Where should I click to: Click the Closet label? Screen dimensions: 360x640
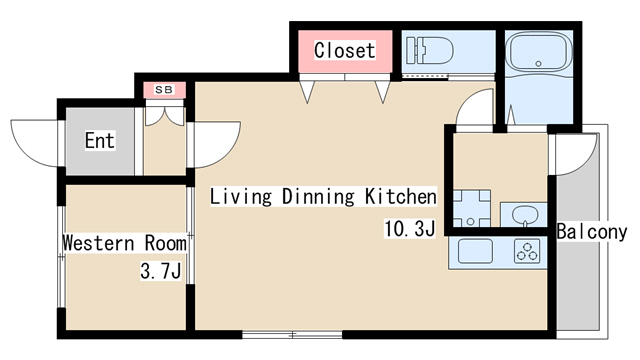(344, 50)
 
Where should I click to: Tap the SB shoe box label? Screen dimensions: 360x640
(164, 90)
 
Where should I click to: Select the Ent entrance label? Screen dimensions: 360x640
(99, 141)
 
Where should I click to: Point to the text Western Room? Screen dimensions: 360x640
(124, 243)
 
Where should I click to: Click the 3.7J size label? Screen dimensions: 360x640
(160, 271)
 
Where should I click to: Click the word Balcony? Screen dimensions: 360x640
(592, 232)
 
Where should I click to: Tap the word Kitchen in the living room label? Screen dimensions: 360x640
(400, 197)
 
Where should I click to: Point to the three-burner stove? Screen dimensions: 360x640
(527, 251)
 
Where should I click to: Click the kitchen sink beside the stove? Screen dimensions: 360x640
(473, 251)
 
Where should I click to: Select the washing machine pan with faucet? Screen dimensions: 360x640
(470, 207)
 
